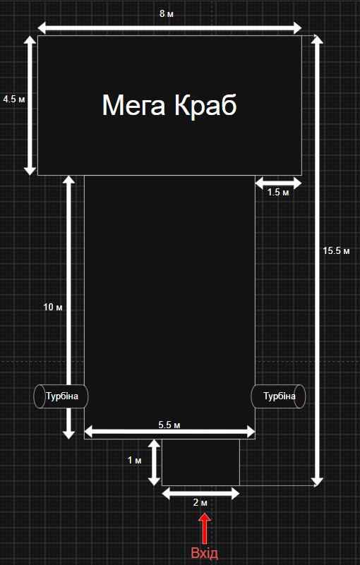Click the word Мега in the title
point(134,105)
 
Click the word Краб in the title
point(205,105)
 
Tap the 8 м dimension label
point(167,14)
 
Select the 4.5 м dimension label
point(14,99)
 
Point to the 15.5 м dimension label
point(336,251)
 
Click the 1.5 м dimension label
point(278,193)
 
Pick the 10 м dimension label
point(53,308)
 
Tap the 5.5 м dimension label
point(169,425)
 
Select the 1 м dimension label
point(135,461)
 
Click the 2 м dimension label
point(200,503)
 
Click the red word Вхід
point(205,553)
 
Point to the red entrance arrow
point(205,528)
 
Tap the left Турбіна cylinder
point(61,396)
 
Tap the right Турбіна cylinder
point(278,396)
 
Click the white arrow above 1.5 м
point(278,183)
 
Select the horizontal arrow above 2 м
point(200,493)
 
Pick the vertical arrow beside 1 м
point(155,462)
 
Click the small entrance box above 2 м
point(200,462)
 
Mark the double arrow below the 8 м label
point(169,28)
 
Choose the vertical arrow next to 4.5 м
point(30,106)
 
